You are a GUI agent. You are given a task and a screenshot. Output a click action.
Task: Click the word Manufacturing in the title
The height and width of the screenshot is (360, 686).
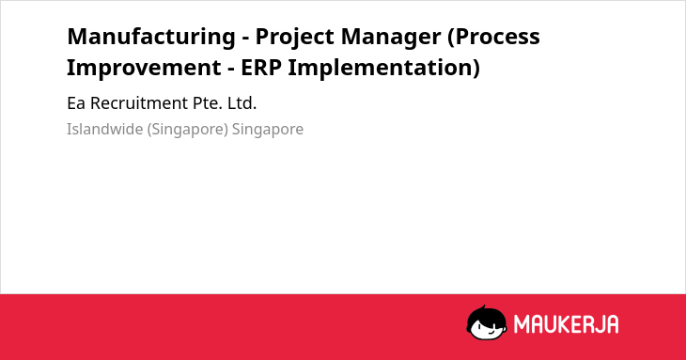(151, 37)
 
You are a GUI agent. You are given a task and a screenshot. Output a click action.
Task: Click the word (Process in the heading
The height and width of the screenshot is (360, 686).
(494, 38)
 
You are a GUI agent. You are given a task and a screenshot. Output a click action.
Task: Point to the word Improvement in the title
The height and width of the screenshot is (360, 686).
(144, 68)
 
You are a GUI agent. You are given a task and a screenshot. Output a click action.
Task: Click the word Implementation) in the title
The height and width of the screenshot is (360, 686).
(384, 69)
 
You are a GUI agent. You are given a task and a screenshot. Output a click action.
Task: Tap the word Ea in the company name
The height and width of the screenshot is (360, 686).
(76, 103)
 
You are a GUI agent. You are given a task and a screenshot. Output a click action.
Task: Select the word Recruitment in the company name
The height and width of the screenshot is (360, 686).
(139, 103)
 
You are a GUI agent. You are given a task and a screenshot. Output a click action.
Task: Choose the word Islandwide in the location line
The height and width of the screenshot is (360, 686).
(104, 129)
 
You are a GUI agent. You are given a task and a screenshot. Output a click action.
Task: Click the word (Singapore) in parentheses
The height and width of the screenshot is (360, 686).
(188, 130)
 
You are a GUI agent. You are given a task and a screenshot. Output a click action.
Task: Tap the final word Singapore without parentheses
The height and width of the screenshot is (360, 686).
(268, 130)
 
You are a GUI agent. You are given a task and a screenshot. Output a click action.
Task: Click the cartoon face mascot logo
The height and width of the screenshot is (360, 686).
(487, 322)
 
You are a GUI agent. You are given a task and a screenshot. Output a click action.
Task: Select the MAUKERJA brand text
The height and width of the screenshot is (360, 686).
(566, 324)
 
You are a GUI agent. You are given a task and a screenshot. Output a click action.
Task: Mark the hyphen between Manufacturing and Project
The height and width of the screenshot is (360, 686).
(245, 39)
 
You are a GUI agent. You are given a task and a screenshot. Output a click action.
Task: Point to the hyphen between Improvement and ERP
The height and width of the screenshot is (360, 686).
(231, 70)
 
